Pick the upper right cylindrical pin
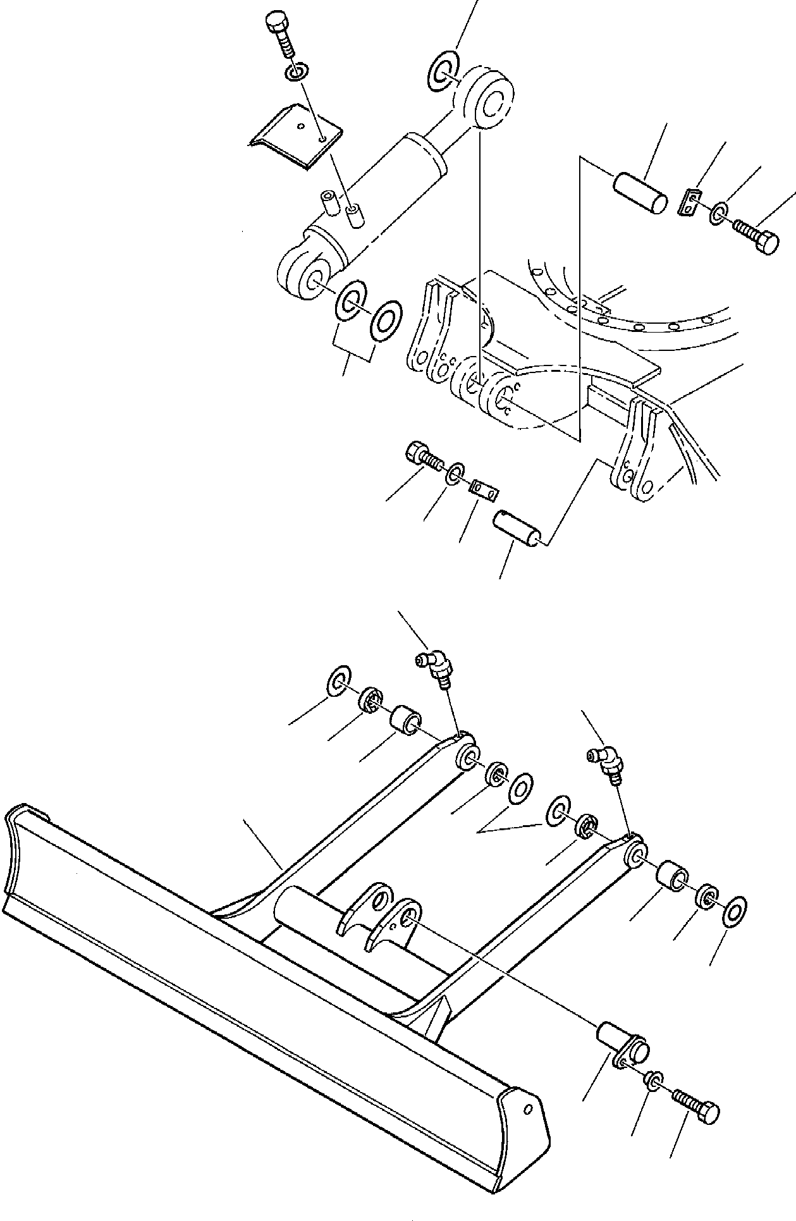[x=639, y=191]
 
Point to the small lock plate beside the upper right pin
[x=691, y=203]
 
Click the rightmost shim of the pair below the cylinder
[x=386, y=317]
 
